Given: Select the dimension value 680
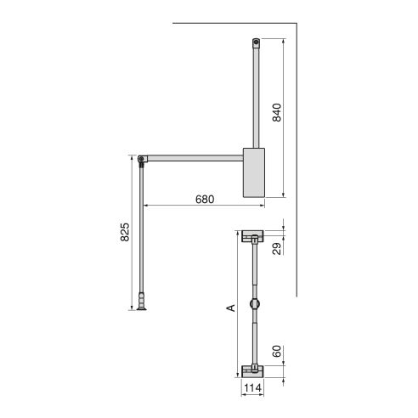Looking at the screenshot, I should pyautogui.click(x=203, y=199).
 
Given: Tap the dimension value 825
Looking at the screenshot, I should pyautogui.click(x=125, y=232).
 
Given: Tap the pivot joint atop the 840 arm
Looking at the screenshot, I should pyautogui.click(x=256, y=42).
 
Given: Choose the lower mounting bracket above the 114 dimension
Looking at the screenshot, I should pyautogui.click(x=252, y=370).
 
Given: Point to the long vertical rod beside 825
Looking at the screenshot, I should pyautogui.click(x=141, y=229).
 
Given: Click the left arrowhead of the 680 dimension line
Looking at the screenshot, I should pyautogui.click(x=144, y=205).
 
